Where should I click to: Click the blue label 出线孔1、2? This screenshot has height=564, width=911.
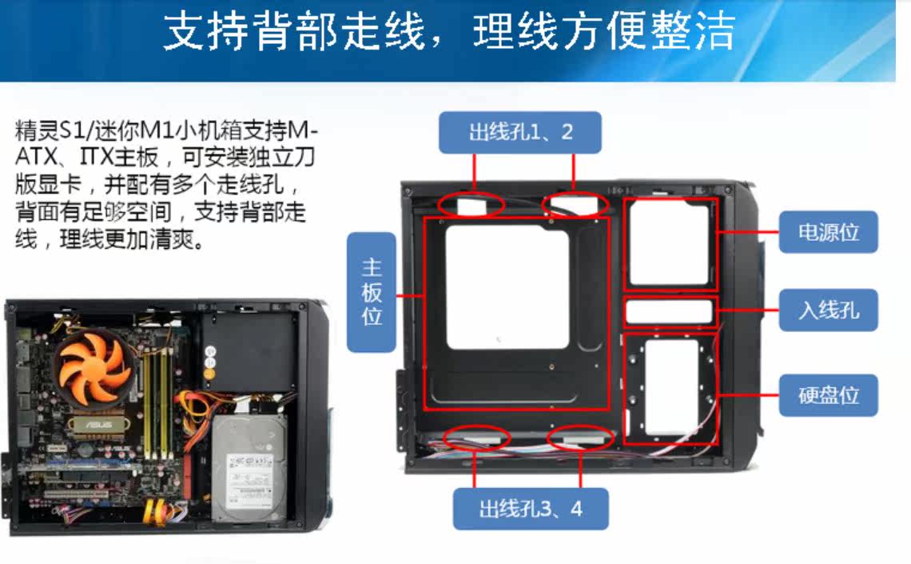tap(520, 133)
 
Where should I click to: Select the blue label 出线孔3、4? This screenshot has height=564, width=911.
tap(531, 509)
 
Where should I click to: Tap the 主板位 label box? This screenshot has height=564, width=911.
tap(372, 292)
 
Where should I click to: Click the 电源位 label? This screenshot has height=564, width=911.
tap(828, 232)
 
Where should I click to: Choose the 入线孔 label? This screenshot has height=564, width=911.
tap(828, 310)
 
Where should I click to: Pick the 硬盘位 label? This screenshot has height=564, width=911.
tap(828, 395)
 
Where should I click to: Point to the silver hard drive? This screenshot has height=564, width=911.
tap(249, 468)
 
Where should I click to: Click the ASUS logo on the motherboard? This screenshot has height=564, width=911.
tap(99, 425)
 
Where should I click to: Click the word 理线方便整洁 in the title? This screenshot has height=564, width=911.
tap(604, 31)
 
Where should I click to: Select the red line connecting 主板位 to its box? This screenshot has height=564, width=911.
tap(410, 295)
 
